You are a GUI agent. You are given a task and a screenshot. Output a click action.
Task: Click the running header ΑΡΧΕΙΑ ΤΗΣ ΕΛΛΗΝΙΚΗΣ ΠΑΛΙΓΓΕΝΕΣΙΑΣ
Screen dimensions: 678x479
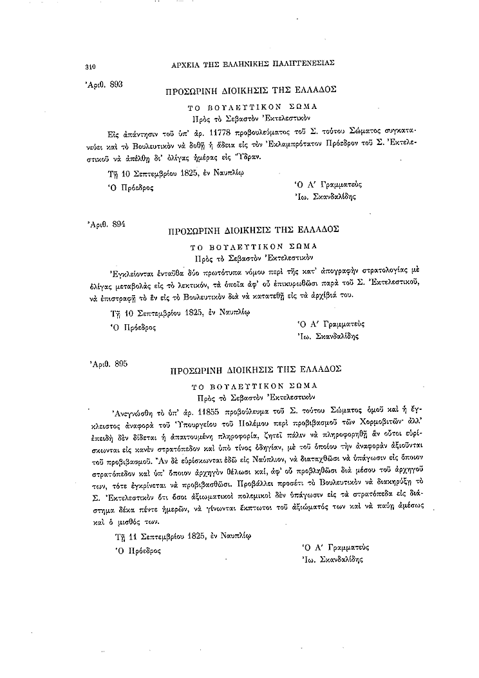252,64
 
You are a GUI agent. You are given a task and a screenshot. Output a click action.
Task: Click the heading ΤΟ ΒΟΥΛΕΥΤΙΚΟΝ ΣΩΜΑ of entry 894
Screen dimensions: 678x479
251,246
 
